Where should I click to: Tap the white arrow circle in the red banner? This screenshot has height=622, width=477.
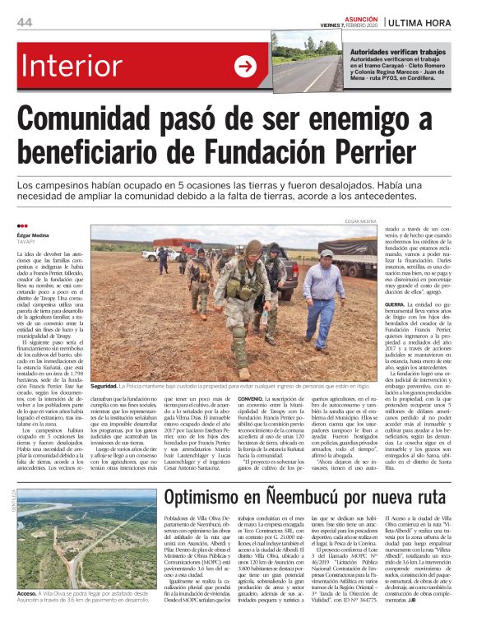pos(245,67)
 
